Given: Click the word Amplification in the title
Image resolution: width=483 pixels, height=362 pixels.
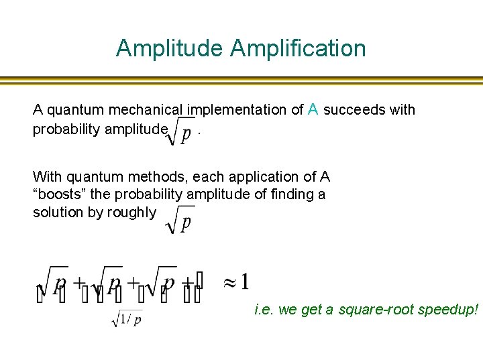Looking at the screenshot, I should [298, 48].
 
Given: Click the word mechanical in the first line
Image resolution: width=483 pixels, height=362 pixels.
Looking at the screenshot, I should [151, 109].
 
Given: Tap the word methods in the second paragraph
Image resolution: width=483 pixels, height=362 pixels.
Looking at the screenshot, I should [143, 177].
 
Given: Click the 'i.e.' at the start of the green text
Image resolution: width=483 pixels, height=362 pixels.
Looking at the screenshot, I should [264, 310].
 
